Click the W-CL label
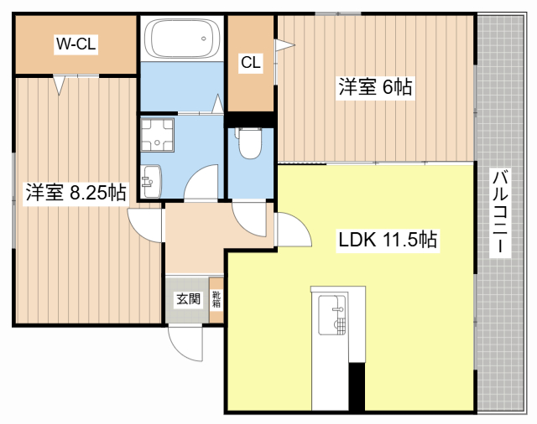(76, 44)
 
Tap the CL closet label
(251, 63)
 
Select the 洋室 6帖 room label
(375, 87)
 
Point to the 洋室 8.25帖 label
(76, 193)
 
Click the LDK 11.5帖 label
(388, 240)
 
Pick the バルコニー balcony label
(500, 213)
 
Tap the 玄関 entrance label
(188, 299)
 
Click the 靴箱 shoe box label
(216, 299)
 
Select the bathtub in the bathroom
(182, 39)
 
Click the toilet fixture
(250, 143)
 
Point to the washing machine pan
(157, 135)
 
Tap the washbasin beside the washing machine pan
(151, 181)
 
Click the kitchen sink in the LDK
(331, 315)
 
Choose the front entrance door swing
(186, 344)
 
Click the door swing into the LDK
(294, 229)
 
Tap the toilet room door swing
(249, 219)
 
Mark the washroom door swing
(201, 182)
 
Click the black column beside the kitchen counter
(357, 387)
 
